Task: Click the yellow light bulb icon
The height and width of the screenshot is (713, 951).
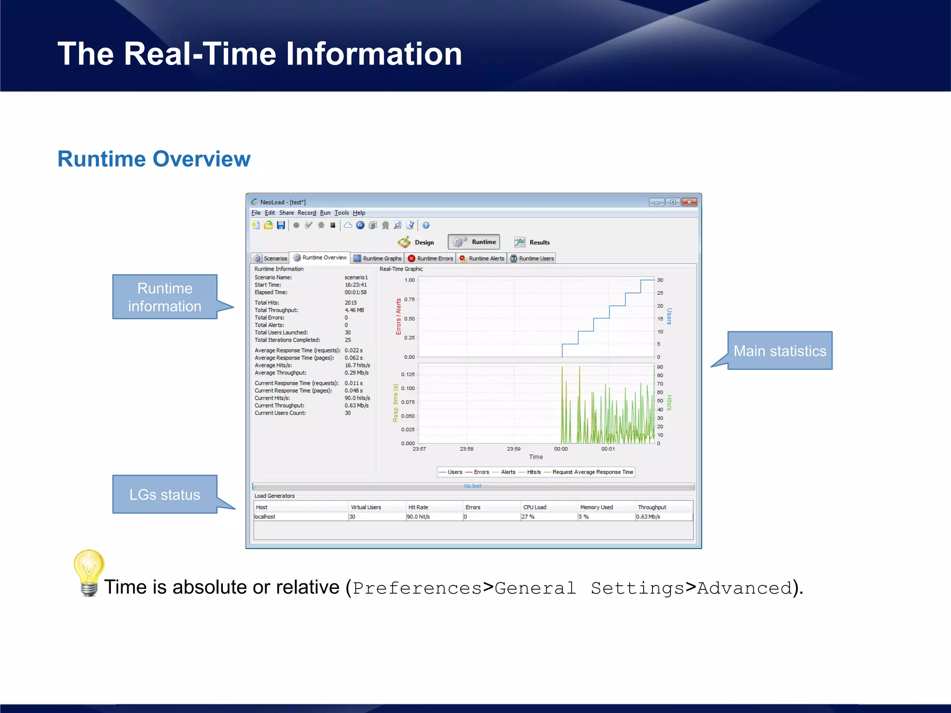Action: [x=89, y=572]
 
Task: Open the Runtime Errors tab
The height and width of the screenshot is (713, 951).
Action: [x=430, y=259]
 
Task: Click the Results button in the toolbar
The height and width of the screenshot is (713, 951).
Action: [x=532, y=242]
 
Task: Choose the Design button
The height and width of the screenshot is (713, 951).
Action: [x=417, y=242]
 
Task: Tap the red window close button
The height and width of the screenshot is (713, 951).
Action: [x=690, y=202]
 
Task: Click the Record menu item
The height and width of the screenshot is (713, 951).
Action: [x=306, y=213]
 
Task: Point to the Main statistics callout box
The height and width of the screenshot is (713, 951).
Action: [x=780, y=351]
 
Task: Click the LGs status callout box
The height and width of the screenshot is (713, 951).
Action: [x=165, y=494]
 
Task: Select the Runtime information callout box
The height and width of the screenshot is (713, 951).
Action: [x=165, y=297]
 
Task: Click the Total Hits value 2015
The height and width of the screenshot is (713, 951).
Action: [x=351, y=303]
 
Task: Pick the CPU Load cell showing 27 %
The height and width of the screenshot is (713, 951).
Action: [x=528, y=517]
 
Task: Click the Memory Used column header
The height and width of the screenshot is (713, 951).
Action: [x=596, y=507]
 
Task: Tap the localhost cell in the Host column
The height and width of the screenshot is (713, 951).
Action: [x=265, y=517]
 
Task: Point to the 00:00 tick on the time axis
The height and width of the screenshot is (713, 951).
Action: [x=560, y=449]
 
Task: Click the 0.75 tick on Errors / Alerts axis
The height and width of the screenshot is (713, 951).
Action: [x=409, y=299]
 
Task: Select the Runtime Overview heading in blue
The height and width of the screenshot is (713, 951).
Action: [x=154, y=159]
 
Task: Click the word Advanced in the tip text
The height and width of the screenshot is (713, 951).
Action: [x=744, y=588]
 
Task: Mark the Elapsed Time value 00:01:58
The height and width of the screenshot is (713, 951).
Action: [x=355, y=292]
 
